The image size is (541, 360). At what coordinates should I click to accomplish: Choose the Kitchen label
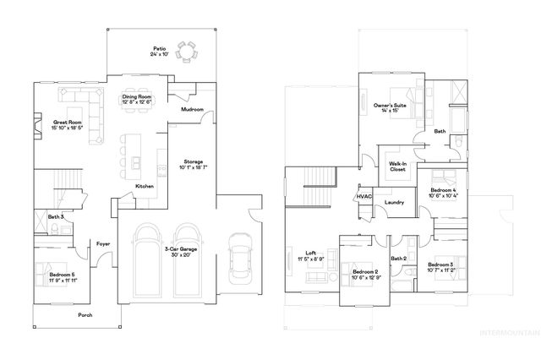point(145,186)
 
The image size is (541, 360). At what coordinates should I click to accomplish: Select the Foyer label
point(103,243)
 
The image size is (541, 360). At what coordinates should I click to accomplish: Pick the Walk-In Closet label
point(397,166)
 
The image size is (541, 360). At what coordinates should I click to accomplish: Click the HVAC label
point(364,196)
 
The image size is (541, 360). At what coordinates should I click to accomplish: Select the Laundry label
point(394,202)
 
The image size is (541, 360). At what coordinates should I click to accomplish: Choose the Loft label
point(311,255)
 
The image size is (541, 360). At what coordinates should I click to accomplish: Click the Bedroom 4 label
point(443,193)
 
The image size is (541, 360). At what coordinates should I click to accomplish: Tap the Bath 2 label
point(399,258)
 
